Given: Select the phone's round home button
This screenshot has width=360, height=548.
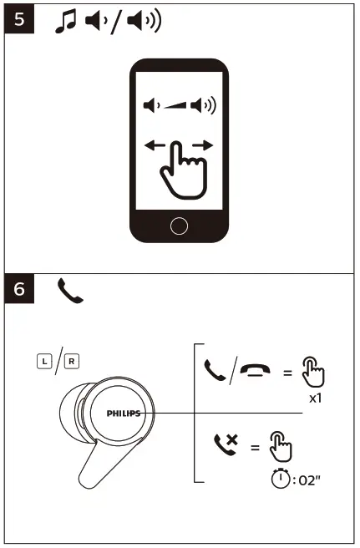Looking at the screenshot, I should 179,225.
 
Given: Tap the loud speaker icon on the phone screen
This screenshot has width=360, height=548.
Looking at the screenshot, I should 201,106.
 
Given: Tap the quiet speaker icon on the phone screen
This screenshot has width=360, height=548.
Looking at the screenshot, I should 150,106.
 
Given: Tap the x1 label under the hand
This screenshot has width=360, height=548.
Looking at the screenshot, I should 315,398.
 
